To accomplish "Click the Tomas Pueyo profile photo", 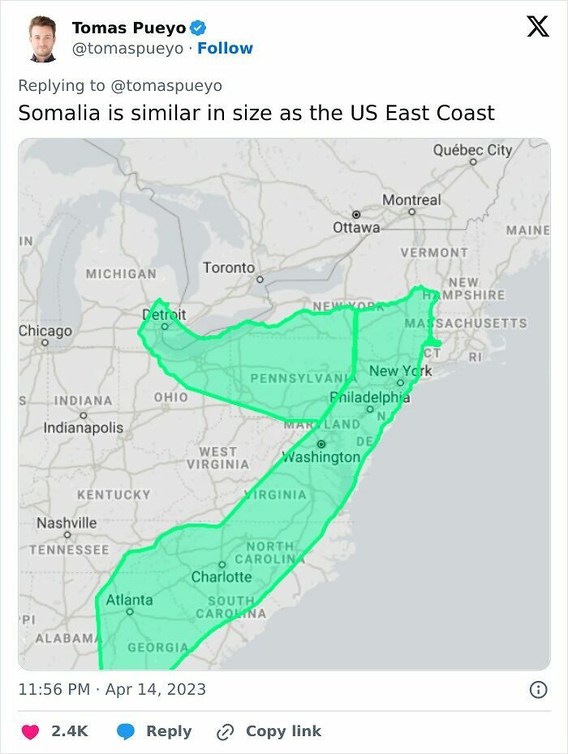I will click(43, 38).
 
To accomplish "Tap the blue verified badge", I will click(198, 28).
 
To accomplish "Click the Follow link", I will click(225, 49).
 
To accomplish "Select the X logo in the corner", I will click(537, 27).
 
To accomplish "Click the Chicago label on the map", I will click(45, 331).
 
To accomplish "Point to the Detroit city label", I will click(164, 315).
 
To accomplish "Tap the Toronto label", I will click(229, 268).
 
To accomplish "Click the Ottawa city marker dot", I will click(355, 213).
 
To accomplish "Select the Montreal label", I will click(411, 200).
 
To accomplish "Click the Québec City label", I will click(472, 150).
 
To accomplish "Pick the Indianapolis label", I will click(83, 428).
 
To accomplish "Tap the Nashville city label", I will click(67, 523).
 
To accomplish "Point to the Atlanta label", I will click(129, 600).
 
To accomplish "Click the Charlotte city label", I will click(222, 577).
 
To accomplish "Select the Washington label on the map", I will click(321, 457).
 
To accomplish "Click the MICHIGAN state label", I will click(121, 274).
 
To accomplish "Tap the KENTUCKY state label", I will click(114, 494).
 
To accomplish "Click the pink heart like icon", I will click(30, 731).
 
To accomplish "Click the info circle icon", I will click(537, 690).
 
